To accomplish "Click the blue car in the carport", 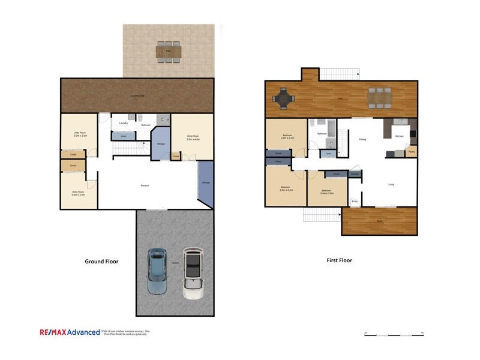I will tap(158, 271).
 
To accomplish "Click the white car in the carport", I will tap(193, 274).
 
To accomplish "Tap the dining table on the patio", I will tap(169, 52).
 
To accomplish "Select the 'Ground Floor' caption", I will tap(101, 262).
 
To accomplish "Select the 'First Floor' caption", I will tap(339, 261).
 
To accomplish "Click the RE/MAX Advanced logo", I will tap(70, 332).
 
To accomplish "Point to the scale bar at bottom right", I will tap(394, 332).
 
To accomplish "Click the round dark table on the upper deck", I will tap(283, 97).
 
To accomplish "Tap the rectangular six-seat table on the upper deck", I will tap(379, 97).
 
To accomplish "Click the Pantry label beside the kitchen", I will tap(412, 152).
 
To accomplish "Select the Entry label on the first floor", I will tap(355, 201).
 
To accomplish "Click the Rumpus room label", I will tap(145, 185).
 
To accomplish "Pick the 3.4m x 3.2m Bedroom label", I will tap(287, 137).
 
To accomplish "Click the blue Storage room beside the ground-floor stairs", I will tap(161, 144).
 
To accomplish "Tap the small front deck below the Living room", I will tap(379, 221).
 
